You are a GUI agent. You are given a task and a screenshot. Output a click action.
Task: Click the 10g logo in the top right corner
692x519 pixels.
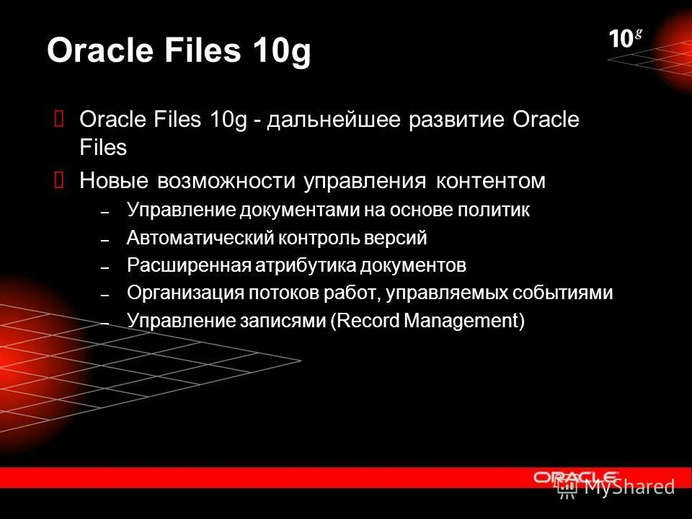[625, 39]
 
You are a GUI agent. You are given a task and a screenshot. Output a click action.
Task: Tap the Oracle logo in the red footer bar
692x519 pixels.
[575, 476]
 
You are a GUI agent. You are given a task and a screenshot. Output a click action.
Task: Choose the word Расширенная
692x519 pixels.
[188, 265]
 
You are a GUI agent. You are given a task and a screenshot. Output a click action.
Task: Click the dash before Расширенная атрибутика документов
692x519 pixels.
[105, 267]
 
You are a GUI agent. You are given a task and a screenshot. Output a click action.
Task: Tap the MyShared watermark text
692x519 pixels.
[629, 487]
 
